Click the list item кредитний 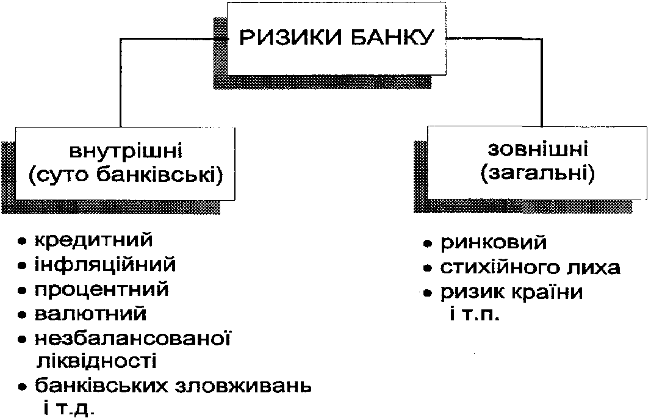click(93, 240)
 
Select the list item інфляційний click(105, 265)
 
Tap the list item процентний click(101, 290)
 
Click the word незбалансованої click(134, 338)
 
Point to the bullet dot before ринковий click(428, 244)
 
